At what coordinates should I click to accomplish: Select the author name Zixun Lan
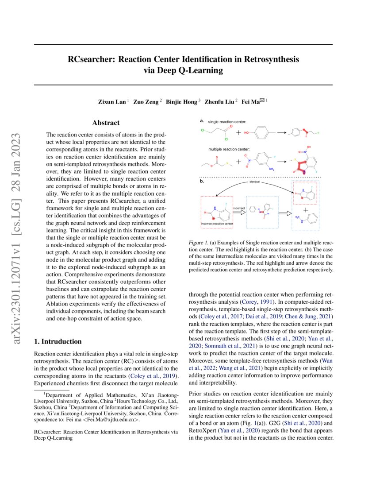(112, 101)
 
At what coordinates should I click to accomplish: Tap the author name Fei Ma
(251, 101)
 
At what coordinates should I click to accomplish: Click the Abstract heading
(105, 123)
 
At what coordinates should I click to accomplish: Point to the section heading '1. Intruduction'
(58, 341)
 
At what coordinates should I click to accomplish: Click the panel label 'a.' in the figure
(202, 120)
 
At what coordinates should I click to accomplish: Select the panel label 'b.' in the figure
(202, 181)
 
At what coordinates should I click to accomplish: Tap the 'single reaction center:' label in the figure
(227, 121)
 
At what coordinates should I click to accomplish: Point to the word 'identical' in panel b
(254, 182)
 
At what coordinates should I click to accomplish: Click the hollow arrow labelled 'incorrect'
(239, 212)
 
